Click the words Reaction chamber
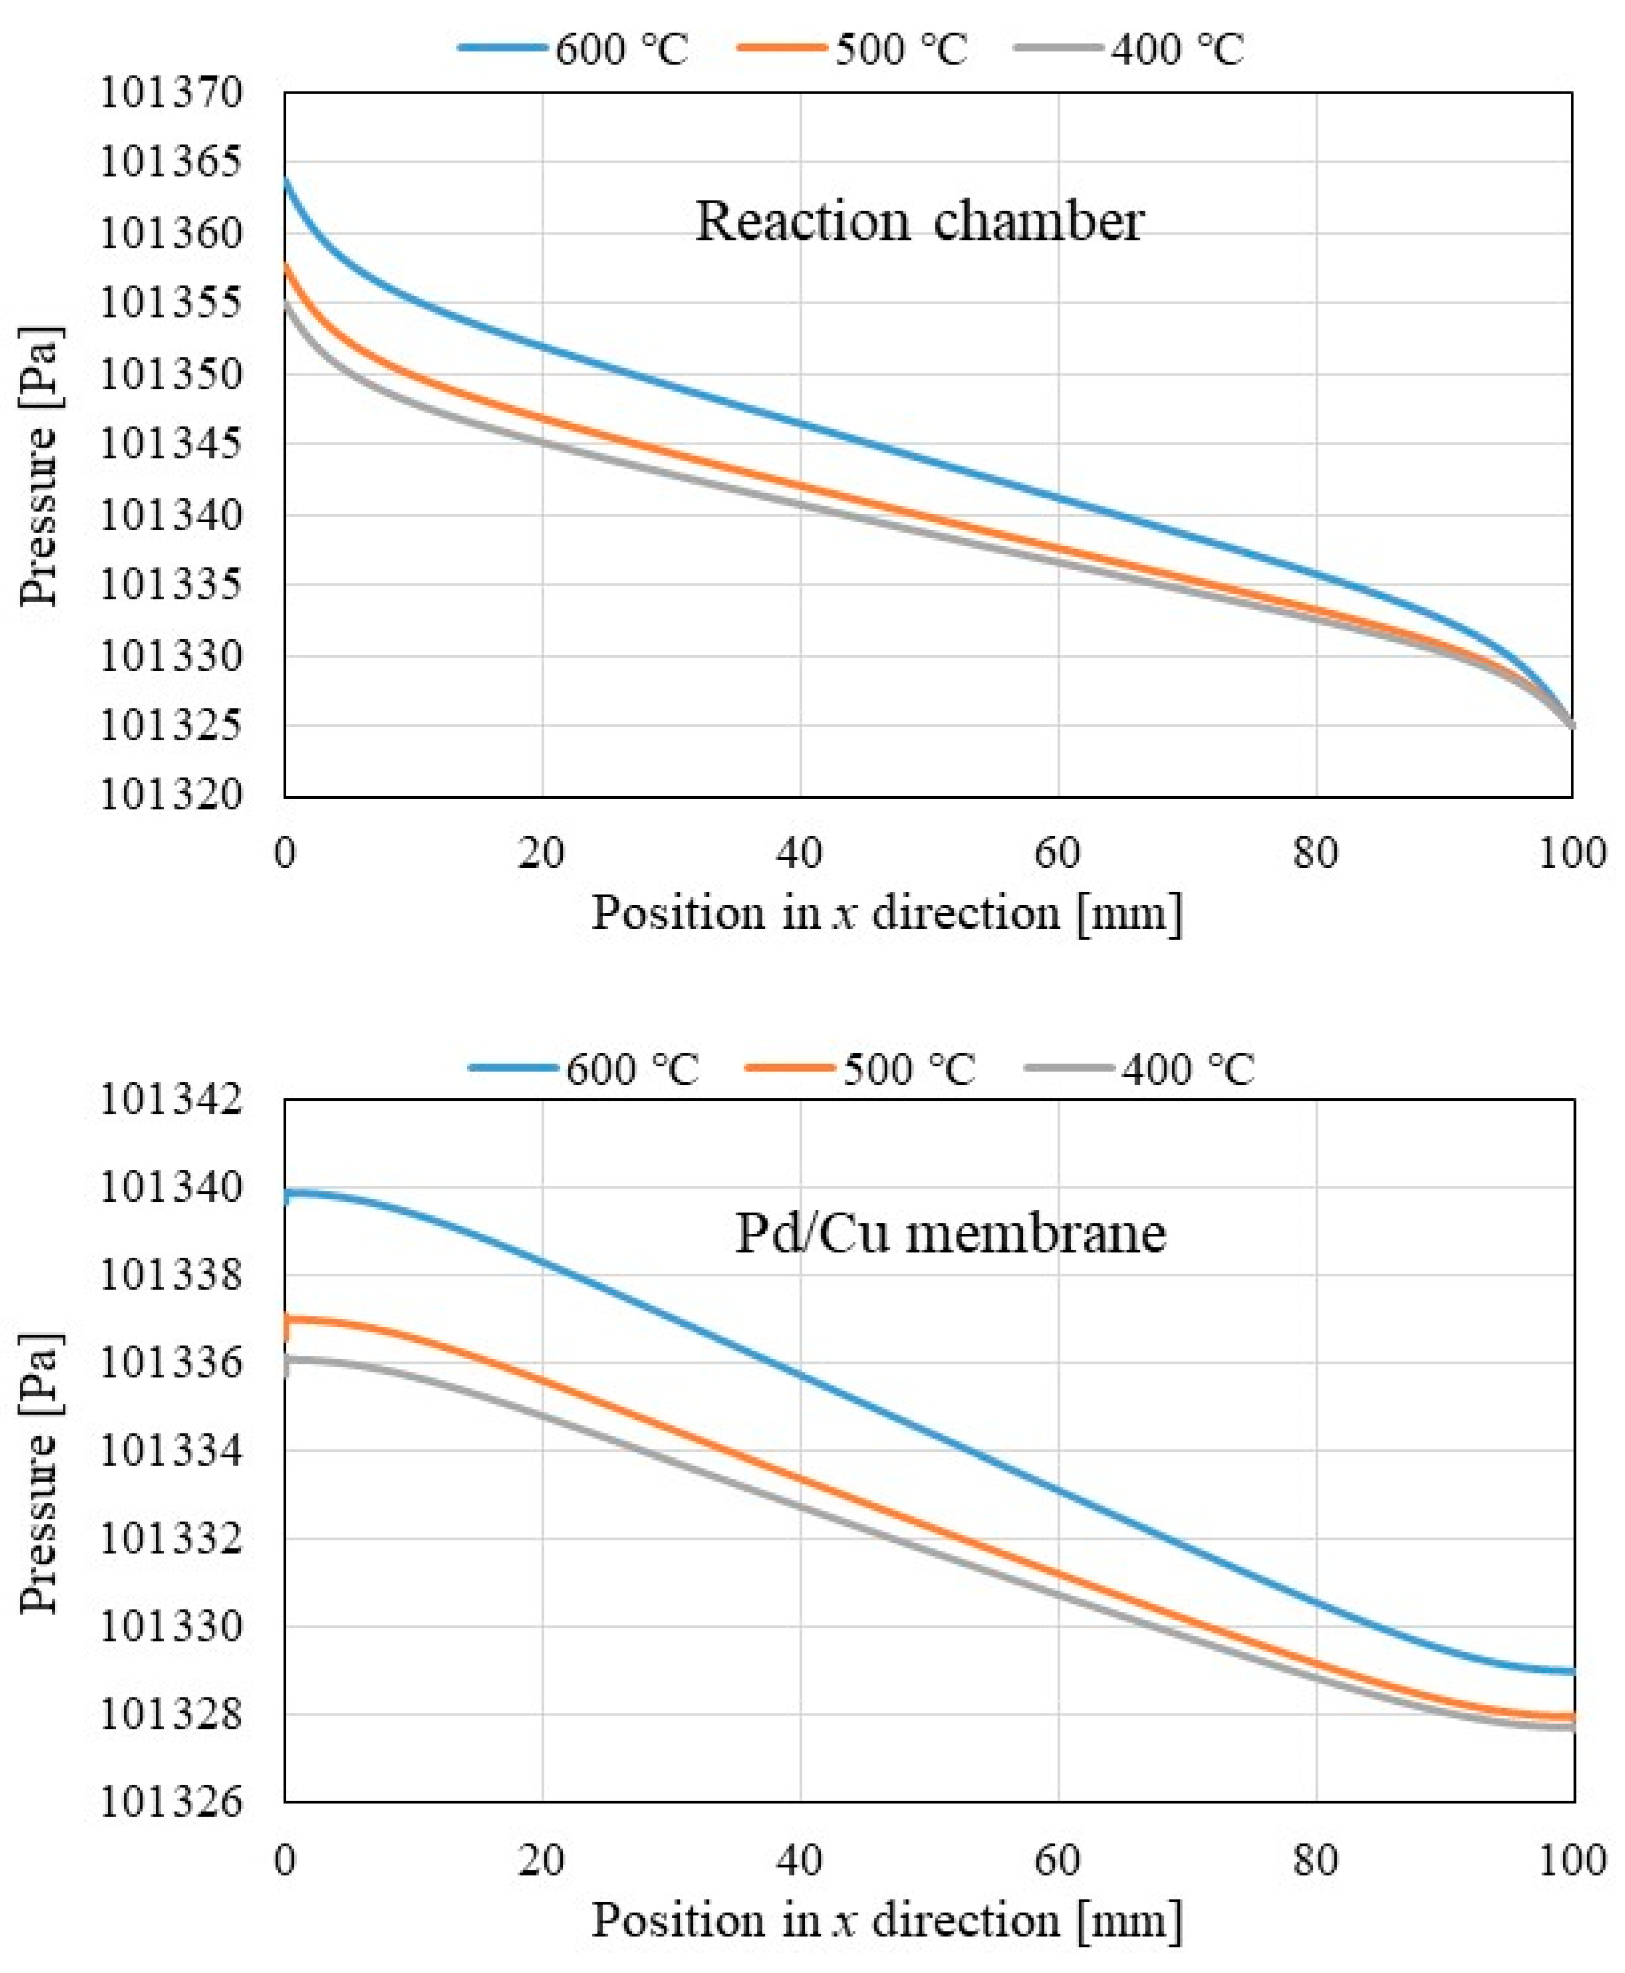coord(919,222)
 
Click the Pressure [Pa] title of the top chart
coord(39,465)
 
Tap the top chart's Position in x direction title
coord(887,912)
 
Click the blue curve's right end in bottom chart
coord(1572,1671)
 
